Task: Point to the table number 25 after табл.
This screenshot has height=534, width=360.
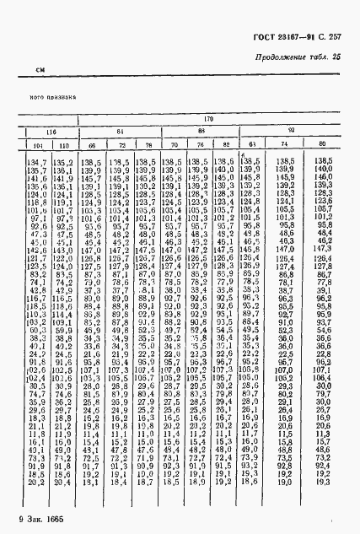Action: pyautogui.click(x=337, y=57)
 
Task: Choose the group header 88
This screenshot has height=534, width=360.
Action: pyautogui.click(x=201, y=131)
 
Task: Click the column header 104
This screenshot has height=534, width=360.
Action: pyautogui.click(x=37, y=146)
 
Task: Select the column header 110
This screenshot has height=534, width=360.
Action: pyautogui.click(x=62, y=146)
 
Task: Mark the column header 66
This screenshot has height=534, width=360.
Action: pyautogui.click(x=93, y=146)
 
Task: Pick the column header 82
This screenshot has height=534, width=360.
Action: pyautogui.click(x=223, y=145)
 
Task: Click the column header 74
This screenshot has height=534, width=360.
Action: pyautogui.click(x=284, y=145)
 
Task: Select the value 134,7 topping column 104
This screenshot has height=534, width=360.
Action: pyautogui.click(x=37, y=160)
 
